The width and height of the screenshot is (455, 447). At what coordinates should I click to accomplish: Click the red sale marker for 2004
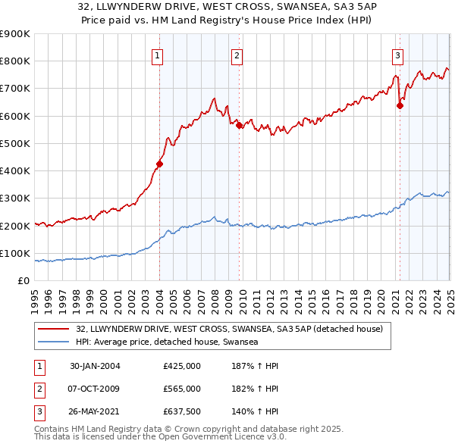[160, 163]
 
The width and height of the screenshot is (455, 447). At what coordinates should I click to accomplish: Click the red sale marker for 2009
[239, 125]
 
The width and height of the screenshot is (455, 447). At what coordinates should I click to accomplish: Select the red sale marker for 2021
[400, 105]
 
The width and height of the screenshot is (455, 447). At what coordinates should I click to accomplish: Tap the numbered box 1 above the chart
[157, 55]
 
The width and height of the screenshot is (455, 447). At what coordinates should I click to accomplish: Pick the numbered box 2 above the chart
[237, 55]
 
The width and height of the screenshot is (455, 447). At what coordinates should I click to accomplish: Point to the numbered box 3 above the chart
[397, 55]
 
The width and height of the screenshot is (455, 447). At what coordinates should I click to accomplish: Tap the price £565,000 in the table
[182, 389]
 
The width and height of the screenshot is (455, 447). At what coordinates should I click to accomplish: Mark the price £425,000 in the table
[182, 366]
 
